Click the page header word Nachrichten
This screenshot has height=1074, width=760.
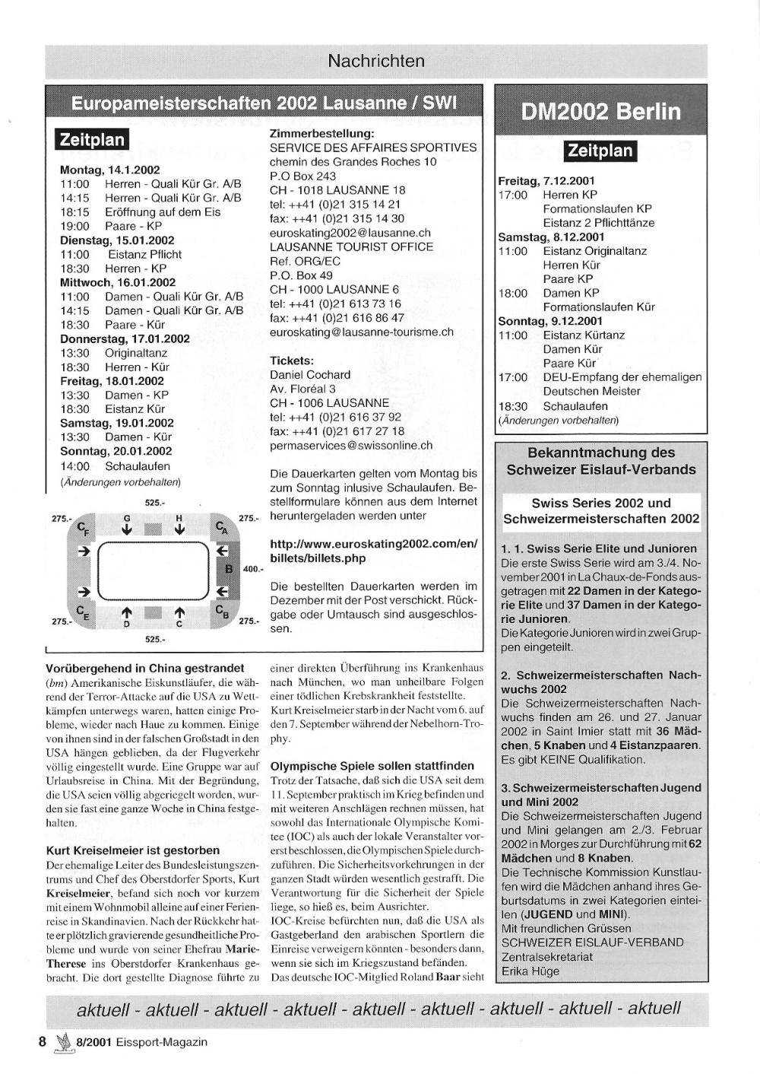[376, 61]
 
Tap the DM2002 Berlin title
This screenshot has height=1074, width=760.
[600, 113]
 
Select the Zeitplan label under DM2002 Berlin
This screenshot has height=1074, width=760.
[600, 151]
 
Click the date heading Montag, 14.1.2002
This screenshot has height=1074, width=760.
[109, 170]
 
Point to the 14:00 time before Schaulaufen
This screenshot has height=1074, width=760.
[74, 466]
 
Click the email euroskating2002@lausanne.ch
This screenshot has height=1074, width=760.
[350, 233]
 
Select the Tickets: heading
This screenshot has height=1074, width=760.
[292, 361]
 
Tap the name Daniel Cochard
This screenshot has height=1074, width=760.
[310, 375]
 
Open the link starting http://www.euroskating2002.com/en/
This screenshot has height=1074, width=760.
[374, 544]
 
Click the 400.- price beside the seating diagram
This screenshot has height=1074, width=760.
[253, 569]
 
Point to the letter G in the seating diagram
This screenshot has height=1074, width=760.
[127, 518]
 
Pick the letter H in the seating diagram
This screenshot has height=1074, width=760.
[179, 518]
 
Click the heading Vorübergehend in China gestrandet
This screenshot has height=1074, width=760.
[145, 668]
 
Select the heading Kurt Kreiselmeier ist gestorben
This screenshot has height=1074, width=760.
[133, 850]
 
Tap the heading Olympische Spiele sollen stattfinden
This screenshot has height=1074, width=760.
[372, 766]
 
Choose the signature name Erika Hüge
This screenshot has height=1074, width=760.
[530, 971]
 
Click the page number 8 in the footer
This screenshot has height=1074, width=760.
[43, 1042]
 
